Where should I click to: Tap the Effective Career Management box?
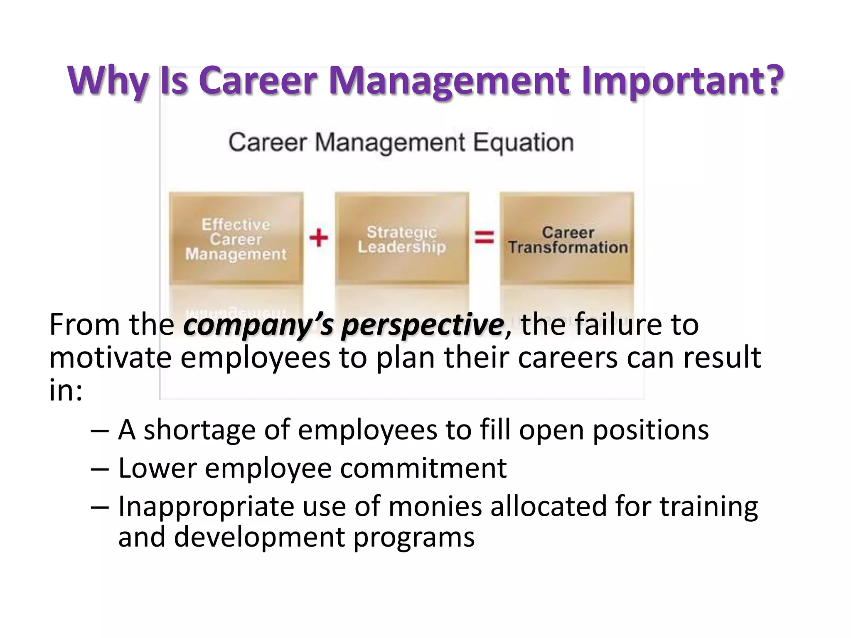coord(236,238)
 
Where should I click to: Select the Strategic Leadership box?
coord(402,238)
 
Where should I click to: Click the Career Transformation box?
coord(567,238)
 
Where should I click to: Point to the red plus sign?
coord(319,238)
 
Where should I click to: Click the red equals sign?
coord(485,238)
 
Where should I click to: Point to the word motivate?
coord(110,358)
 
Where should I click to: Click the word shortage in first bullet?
coord(199,430)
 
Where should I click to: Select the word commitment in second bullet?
coord(423,468)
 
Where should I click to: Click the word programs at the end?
coord(413,537)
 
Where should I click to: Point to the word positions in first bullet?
coord(650,430)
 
